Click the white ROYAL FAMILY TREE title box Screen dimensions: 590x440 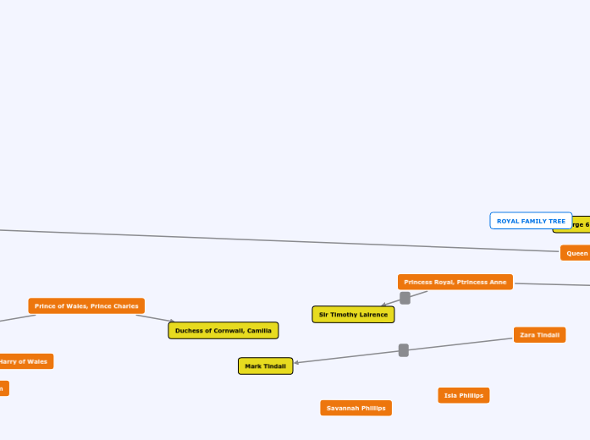click(x=531, y=221)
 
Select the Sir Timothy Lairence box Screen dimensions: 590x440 click(x=353, y=314)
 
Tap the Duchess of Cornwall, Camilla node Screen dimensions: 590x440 click(x=223, y=330)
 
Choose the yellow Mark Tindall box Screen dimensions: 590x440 click(x=265, y=366)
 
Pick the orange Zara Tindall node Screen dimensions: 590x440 click(x=539, y=335)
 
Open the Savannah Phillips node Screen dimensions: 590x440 click(x=356, y=408)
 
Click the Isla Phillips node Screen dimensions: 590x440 click(x=463, y=395)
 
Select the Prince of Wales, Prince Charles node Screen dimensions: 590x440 click(x=86, y=305)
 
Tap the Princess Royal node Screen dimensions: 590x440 click(x=455, y=282)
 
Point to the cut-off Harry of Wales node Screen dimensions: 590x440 click(x=25, y=361)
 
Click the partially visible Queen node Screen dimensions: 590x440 click(x=576, y=253)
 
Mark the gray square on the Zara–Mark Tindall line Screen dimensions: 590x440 click(x=404, y=350)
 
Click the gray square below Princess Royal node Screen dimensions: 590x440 click(x=405, y=298)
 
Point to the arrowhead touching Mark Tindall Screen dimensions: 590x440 click(x=296, y=363)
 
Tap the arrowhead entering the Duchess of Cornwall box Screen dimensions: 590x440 click(x=172, y=322)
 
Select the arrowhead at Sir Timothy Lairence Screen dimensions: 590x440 click(x=383, y=305)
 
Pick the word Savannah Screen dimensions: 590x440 click(x=343, y=408)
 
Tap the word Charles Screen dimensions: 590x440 click(x=125, y=305)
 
